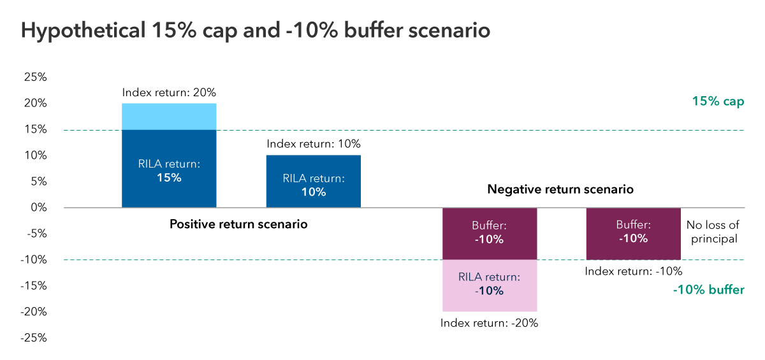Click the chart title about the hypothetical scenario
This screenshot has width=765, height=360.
click(256, 31)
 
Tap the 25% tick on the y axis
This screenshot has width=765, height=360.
click(34, 78)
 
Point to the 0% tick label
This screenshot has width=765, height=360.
click(38, 208)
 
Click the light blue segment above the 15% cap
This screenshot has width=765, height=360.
click(169, 117)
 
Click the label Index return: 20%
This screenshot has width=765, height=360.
click(169, 92)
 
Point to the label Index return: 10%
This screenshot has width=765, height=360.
click(313, 144)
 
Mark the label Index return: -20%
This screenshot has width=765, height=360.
click(490, 322)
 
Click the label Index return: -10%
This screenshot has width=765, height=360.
click(633, 271)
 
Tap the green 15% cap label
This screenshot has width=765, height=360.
click(718, 101)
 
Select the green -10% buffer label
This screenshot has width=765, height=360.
click(708, 290)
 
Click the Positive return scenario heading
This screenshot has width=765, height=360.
click(238, 224)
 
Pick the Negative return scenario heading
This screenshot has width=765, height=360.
click(560, 189)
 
